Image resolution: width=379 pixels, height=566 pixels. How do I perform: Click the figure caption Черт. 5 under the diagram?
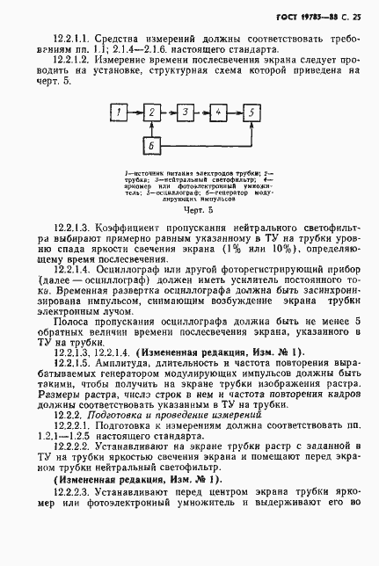[188, 212]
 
